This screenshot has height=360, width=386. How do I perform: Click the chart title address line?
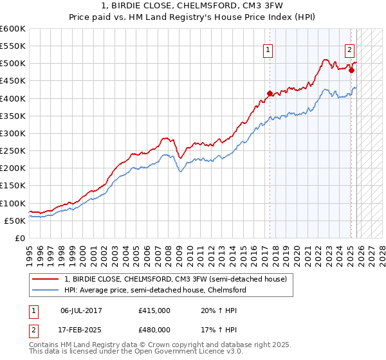point(193,6)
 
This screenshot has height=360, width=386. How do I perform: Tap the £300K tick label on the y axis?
point(13,133)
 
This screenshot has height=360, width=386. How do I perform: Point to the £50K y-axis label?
point(15,221)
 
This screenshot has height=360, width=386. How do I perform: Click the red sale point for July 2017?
point(270,93)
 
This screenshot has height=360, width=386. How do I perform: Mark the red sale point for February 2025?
point(351,70)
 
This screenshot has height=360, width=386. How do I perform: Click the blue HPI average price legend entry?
point(155,290)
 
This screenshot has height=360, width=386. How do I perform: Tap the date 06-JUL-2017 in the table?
point(81,310)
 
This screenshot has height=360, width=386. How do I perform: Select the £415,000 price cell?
point(154,310)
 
